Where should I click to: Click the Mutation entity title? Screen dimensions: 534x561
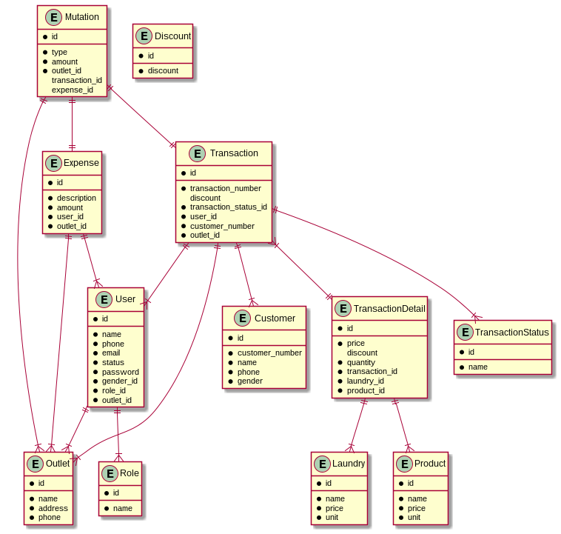tap(82, 17)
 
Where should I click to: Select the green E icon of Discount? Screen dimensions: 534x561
tap(144, 36)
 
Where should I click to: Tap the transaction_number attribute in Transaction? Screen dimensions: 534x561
tap(225, 188)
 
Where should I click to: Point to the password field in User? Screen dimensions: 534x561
tap(121, 372)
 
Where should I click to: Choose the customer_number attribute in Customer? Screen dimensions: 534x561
tap(269, 353)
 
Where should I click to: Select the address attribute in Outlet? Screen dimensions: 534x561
tap(53, 508)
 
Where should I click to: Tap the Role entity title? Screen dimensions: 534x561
tap(130, 473)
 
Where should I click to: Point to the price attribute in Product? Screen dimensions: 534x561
tap(417, 508)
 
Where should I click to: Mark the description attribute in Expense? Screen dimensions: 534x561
tap(76, 198)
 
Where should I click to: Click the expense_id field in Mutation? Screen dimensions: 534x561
tap(73, 90)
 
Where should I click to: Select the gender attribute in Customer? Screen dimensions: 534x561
tap(250, 381)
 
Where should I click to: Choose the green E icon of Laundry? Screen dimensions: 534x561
tap(321, 464)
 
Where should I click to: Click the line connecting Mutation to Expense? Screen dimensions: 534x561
tap(72, 124)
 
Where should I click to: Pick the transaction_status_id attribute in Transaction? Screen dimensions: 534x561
tap(228, 207)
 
